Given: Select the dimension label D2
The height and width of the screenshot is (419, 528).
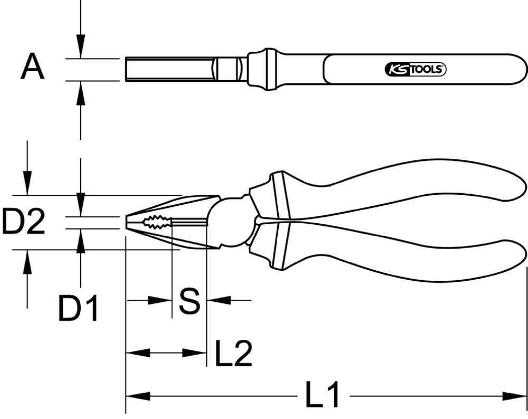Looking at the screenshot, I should pos(23,222).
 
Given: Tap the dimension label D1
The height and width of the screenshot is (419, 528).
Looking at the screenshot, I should pos(78,308).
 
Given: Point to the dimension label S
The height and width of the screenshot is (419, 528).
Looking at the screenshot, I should pos(189,301).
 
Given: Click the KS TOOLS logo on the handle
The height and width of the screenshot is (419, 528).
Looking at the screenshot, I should pos(414,69).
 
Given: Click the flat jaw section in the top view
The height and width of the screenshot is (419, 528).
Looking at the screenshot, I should pos(169,69).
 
